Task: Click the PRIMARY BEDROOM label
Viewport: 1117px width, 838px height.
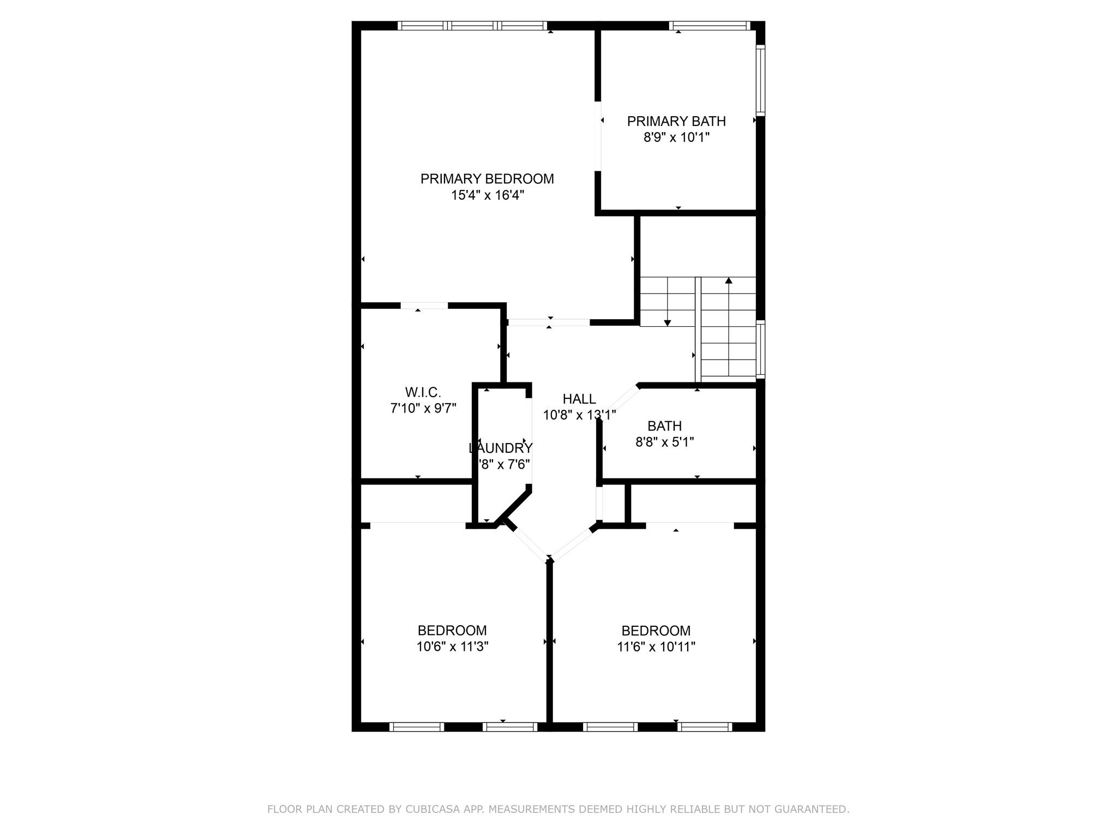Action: (487, 179)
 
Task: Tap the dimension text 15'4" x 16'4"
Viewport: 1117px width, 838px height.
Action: (487, 195)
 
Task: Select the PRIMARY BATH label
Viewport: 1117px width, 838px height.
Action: (676, 121)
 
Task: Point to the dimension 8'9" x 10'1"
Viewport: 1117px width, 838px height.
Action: (676, 137)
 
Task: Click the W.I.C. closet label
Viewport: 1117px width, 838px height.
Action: (423, 392)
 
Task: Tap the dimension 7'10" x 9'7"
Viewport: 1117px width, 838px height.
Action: (423, 408)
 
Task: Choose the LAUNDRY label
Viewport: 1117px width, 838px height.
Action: (501, 448)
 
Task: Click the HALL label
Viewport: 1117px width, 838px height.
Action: (579, 399)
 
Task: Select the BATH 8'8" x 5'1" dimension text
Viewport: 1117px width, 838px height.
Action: (664, 442)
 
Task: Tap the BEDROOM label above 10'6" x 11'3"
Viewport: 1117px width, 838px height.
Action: (452, 631)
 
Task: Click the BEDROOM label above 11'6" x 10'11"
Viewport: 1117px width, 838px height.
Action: (656, 631)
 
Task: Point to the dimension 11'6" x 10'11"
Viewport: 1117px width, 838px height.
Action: (656, 647)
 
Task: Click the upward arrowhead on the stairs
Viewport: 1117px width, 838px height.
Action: (729, 280)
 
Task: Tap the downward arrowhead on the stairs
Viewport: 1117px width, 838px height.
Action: (667, 323)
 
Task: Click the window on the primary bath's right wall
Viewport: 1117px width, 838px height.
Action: (760, 80)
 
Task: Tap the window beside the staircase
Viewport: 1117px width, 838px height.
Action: (760, 349)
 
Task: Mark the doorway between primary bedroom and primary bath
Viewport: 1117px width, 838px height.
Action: (598, 136)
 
